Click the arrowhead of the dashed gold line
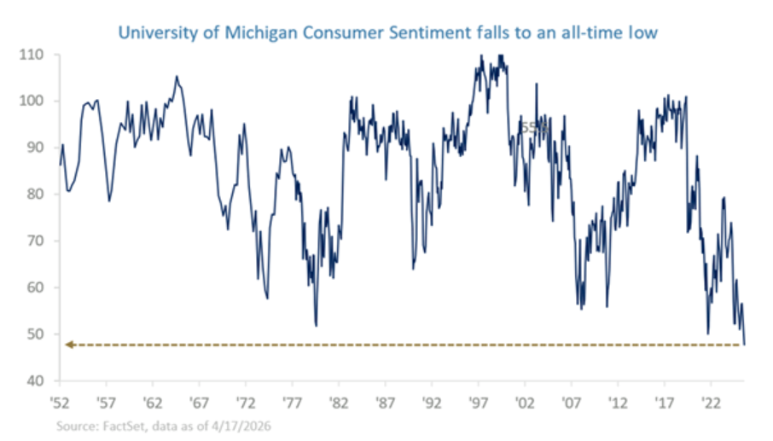(68, 345)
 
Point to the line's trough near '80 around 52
(316, 325)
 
